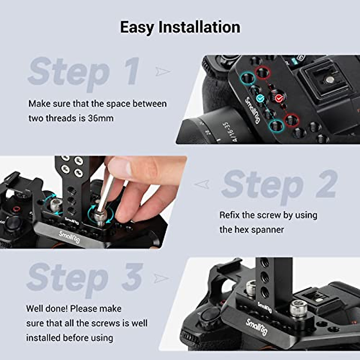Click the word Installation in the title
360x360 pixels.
(x=199, y=27)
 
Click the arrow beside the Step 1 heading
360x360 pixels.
(x=163, y=71)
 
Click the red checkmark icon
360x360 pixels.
(x=279, y=97)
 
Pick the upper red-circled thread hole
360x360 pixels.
(x=263, y=73)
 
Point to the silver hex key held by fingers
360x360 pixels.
(x=106, y=195)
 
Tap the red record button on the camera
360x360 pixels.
(x=16, y=209)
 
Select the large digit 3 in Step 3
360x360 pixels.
(x=132, y=277)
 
